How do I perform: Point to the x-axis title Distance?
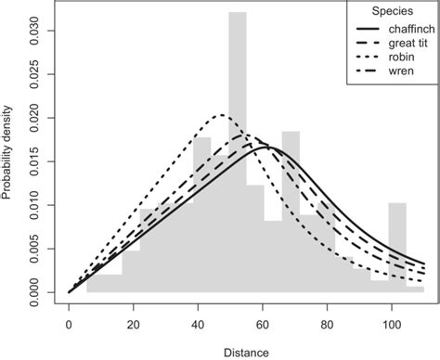point(245,351)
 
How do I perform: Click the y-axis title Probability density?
point(9,150)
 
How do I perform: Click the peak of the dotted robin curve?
point(222,115)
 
